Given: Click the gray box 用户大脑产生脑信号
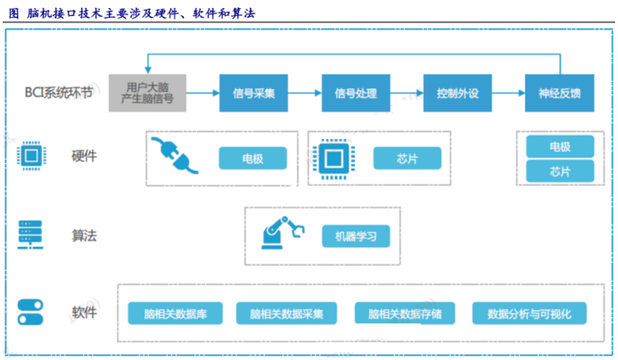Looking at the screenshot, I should point(148,93).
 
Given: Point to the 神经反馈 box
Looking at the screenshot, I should point(560,93).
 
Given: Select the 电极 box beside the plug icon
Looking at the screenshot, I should point(253,159).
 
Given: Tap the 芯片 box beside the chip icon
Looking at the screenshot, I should point(407,159).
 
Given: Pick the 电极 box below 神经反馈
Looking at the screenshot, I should point(560,147).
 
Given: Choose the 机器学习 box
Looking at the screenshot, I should point(356,236).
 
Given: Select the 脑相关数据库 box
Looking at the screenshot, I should point(175,314).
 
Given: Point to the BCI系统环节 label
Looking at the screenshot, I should point(60,93).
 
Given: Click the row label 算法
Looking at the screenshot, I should point(84,236).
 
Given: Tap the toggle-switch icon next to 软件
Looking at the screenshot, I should point(30,314).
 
